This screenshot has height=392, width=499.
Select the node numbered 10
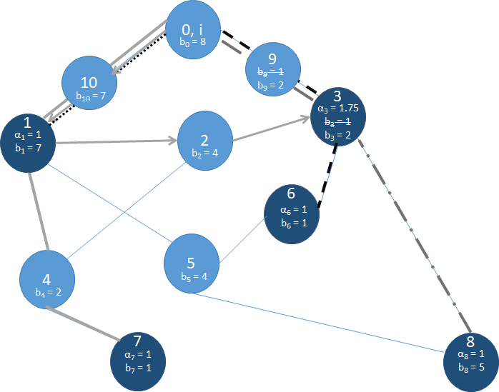pyautogui.click(x=89, y=84)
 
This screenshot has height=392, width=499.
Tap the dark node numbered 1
pyautogui.click(x=29, y=142)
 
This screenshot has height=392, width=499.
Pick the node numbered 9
pyautogui.click(x=272, y=71)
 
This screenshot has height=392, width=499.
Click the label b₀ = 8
pyautogui.click(x=193, y=42)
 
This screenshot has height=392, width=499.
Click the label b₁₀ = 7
pyautogui.click(x=91, y=95)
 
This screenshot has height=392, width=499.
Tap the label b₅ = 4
pyautogui.click(x=194, y=276)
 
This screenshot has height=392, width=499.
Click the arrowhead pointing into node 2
pyautogui.click(x=172, y=141)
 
